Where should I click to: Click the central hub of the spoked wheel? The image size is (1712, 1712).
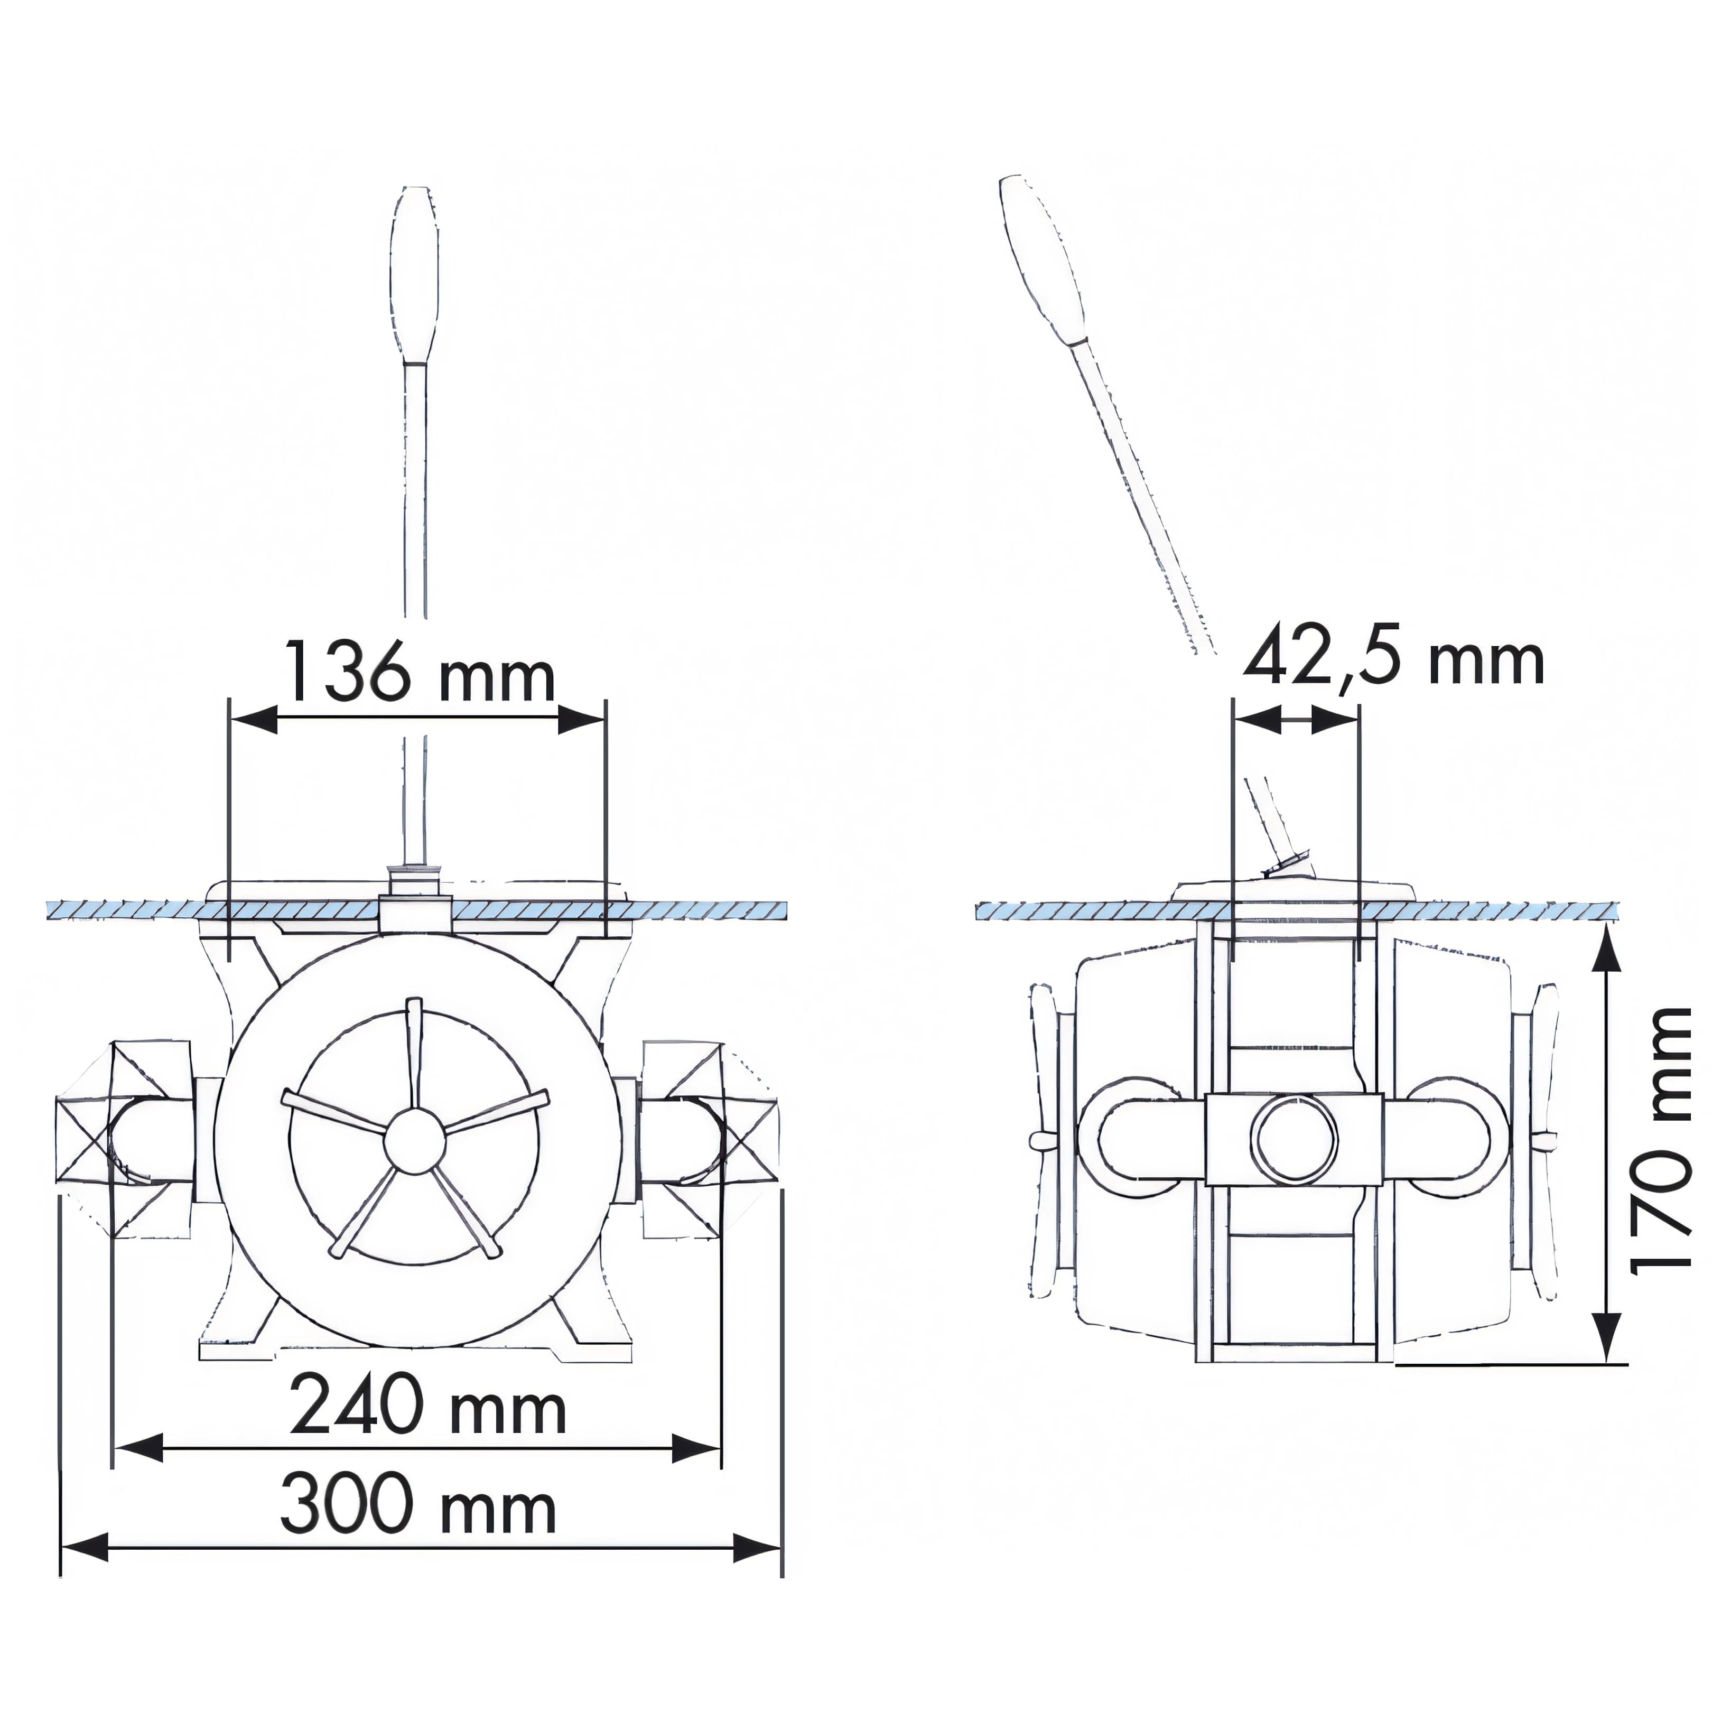(413, 1140)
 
